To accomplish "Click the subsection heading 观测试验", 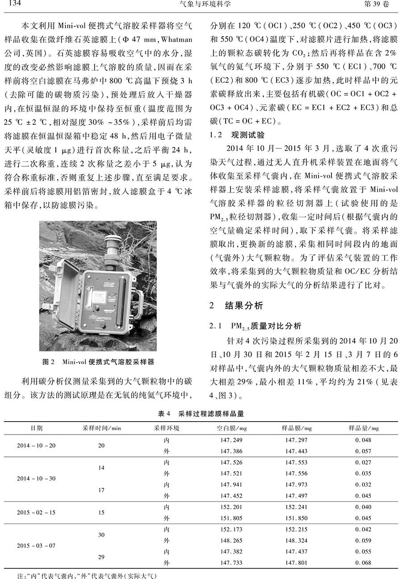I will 247,134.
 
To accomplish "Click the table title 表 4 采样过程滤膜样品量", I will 201,414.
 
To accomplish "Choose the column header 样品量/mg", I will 364,428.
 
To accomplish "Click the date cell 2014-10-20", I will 37,446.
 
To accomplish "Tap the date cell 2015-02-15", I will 37,512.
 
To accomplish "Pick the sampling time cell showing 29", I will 101,557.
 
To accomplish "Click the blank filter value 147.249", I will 231,440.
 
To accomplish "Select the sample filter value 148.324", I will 297,541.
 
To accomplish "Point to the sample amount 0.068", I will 363,563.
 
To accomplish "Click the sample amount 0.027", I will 363,462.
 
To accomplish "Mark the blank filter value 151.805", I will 231,518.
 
